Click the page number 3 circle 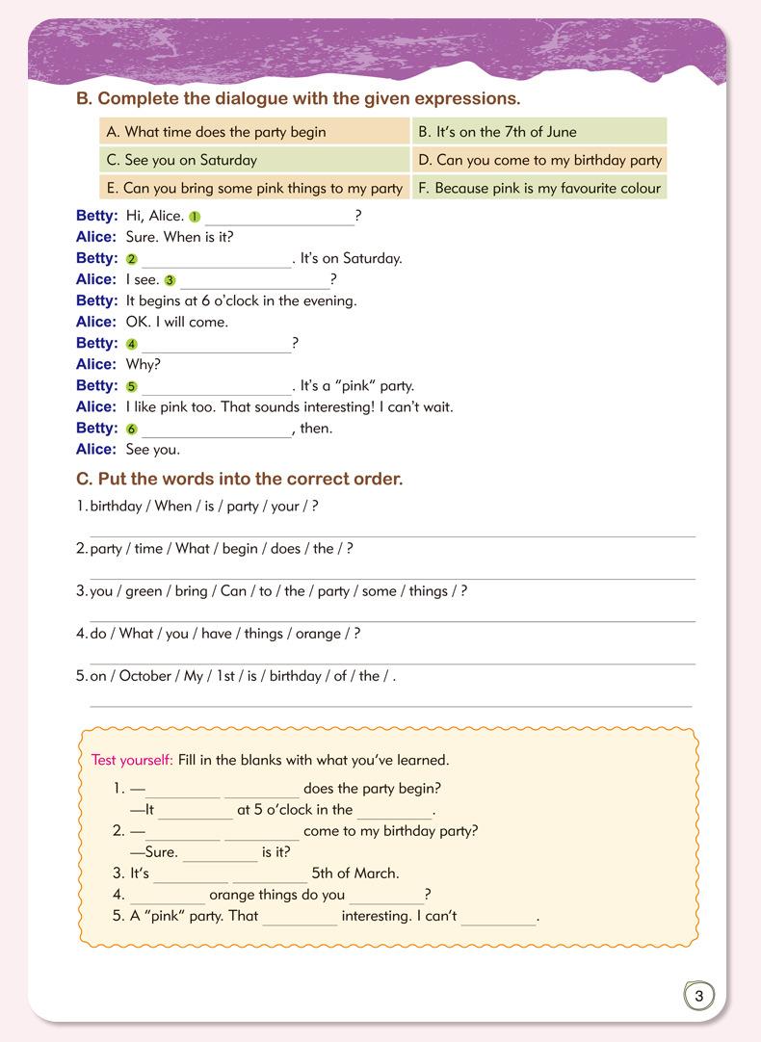point(699,996)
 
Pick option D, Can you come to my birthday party point(539,160)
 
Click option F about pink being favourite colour point(539,188)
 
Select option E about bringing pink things point(254,188)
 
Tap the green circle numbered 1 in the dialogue point(195,217)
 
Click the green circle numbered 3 point(171,280)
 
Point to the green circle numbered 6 point(132,430)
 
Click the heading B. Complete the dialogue point(298,98)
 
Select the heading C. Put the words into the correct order point(239,479)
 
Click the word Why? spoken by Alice point(144,365)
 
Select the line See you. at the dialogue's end point(152,450)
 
